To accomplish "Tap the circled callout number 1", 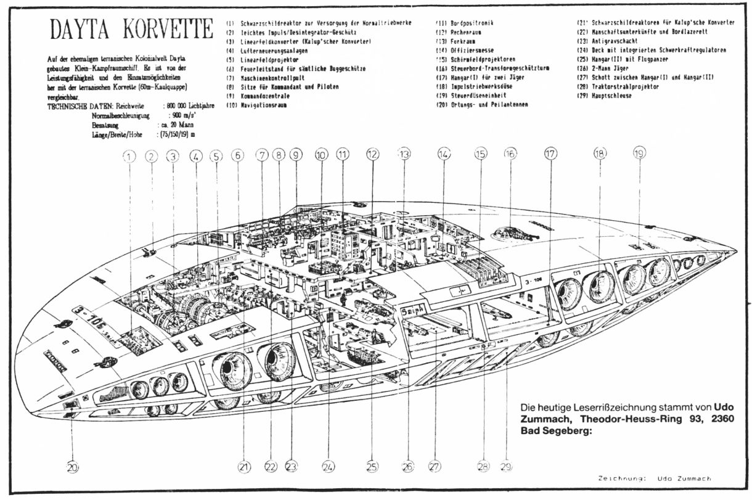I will [129, 157].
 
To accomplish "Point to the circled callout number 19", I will [639, 154].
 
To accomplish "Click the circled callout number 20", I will [73, 467].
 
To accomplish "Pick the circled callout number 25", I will [371, 467].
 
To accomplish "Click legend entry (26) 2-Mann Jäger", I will [602, 68].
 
